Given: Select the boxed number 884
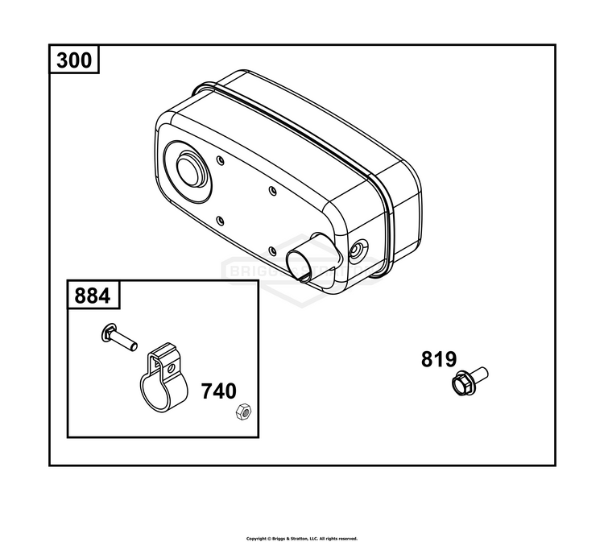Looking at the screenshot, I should click(93, 296).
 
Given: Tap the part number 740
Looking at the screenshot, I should click(218, 391).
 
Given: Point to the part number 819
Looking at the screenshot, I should click(438, 359).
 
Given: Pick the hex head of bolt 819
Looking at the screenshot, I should click(462, 383).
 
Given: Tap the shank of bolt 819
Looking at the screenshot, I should click(479, 374).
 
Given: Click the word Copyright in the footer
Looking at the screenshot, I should click(255, 538).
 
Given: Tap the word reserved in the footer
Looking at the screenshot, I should click(347, 538).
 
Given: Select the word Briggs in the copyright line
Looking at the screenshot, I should click(276, 538).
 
